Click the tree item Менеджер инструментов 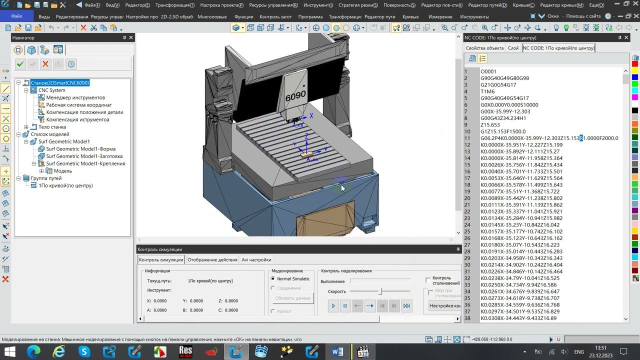click(75, 97)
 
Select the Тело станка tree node click(52, 127)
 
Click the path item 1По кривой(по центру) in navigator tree click(65, 185)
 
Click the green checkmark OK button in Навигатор click(20, 64)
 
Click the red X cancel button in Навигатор click(45, 64)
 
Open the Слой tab click(513, 48)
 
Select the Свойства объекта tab click(484, 48)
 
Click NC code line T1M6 click(487, 91)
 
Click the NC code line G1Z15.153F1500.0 click(503, 131)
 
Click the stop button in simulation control click(345, 306)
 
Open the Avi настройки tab click(256, 259)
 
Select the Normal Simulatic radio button click(273, 279)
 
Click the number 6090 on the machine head click(295, 95)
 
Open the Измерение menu click(440, 16)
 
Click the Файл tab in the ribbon click(16, 16)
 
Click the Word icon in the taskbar click(337, 352)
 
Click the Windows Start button click(9, 352)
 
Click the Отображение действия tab click(212, 259)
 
